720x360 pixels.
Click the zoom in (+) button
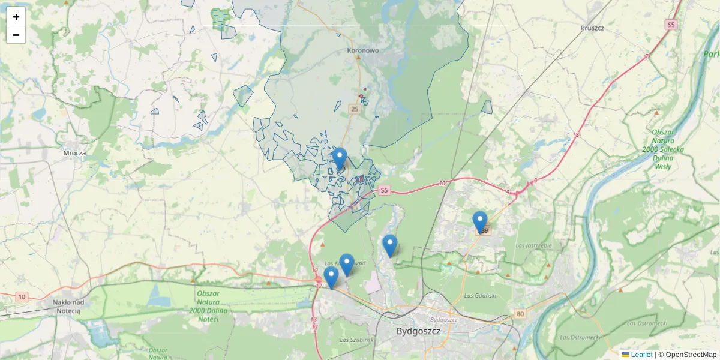coord(16,17)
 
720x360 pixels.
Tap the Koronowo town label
coord(363,51)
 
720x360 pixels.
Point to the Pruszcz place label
coord(592,28)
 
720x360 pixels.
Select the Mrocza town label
coord(75,153)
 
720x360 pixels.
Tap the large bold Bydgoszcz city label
coord(418,331)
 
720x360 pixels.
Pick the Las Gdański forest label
coord(480,295)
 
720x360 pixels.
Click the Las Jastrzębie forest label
coord(534,245)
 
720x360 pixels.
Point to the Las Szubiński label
coord(356,340)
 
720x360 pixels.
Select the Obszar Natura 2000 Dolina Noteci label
coord(208,306)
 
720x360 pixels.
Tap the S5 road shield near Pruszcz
coord(671,25)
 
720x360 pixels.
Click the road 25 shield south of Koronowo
coord(355,109)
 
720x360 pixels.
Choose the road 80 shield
coord(520,314)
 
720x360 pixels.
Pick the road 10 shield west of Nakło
coord(22,297)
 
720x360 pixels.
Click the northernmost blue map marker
coord(340,158)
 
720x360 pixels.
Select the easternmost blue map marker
coord(480,221)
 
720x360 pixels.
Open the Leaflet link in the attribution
coord(641,355)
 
